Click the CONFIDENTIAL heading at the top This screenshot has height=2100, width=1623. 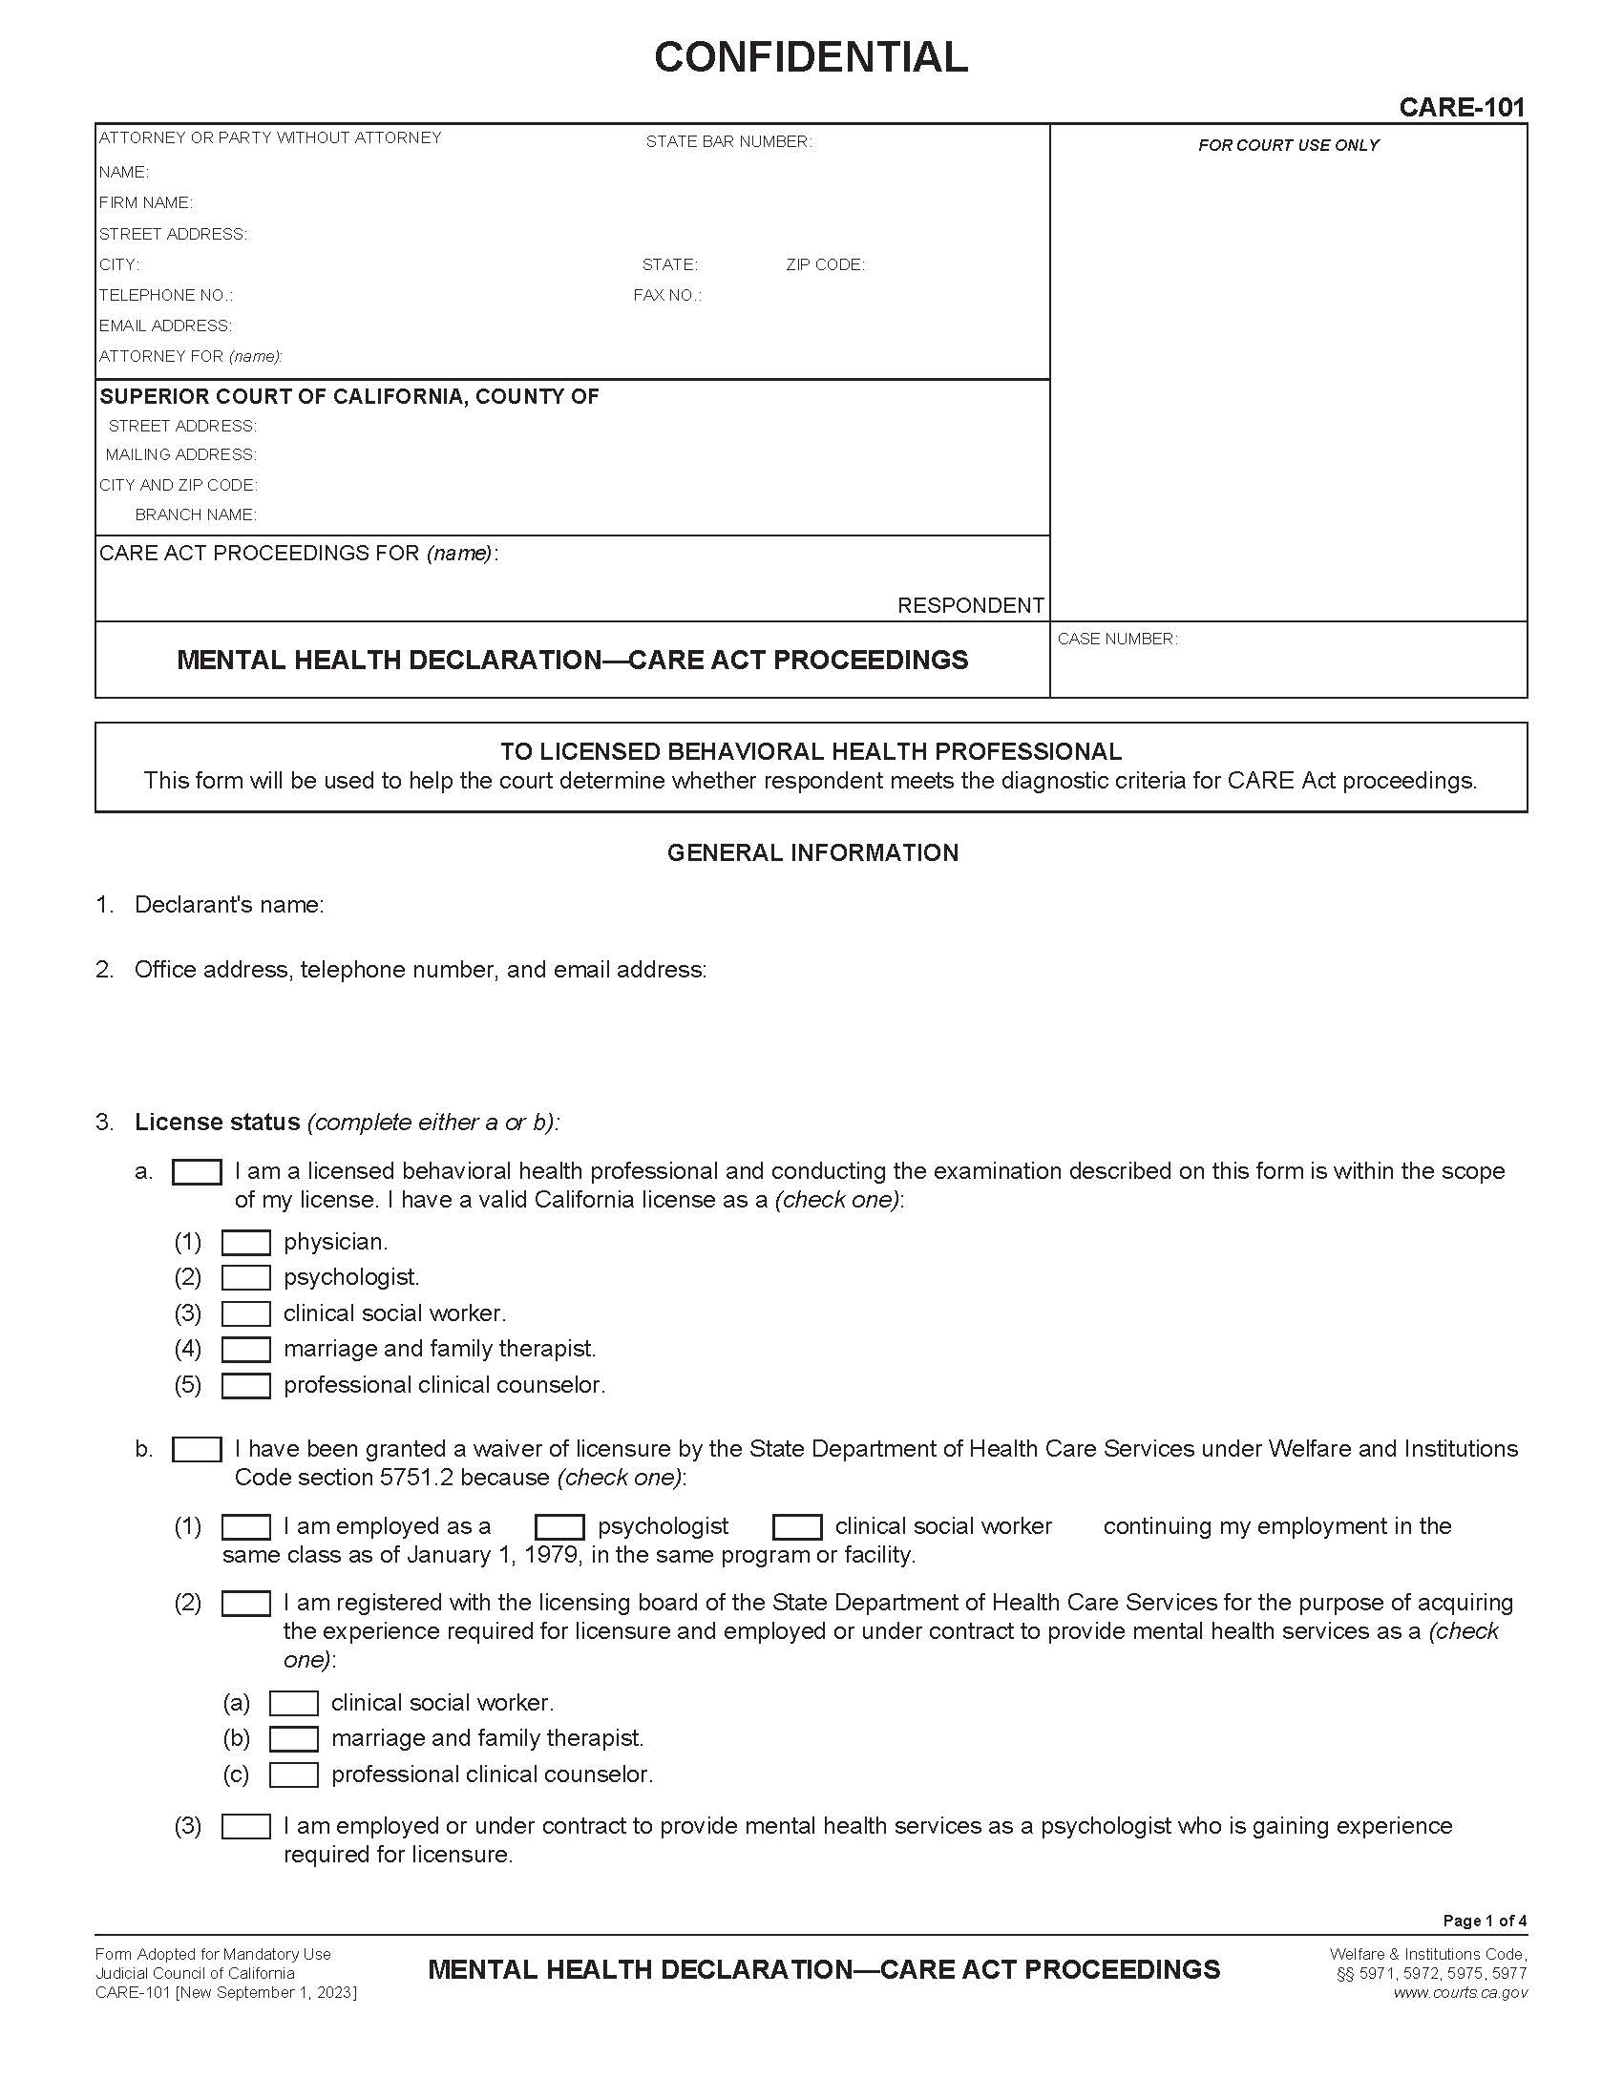811,57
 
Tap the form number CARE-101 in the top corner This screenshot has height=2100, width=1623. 1462,107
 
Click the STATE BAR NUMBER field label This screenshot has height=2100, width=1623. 727,142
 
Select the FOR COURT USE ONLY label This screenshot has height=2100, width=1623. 1288,145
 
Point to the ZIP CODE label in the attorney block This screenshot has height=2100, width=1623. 824,264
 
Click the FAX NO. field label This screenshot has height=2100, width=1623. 666,295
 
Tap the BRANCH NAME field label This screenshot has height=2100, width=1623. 195,515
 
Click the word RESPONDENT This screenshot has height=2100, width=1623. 969,606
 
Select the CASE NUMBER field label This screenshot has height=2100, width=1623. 1116,640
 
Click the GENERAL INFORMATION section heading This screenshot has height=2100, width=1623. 812,852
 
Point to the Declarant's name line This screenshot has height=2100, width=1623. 229,905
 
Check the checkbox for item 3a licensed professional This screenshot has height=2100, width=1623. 197,1172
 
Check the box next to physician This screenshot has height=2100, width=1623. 246,1243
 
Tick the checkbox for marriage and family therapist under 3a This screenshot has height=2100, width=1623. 246,1350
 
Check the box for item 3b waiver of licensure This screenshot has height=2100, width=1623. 197,1449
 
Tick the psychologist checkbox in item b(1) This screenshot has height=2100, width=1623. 559,1527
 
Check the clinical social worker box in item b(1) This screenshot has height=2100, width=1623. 797,1527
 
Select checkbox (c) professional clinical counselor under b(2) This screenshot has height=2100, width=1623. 294,1775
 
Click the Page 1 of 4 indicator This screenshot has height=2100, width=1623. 1484,1921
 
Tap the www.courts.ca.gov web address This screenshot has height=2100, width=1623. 1460,1993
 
